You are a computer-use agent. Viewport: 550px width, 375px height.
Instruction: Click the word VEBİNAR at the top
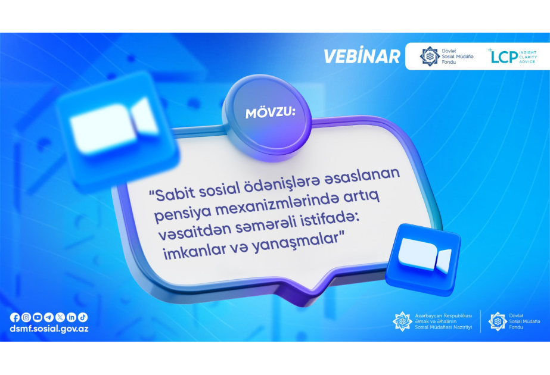coord(362,56)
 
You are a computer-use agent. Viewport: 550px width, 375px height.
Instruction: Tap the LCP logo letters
coord(504,57)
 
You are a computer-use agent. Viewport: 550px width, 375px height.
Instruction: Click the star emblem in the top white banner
coord(430,56)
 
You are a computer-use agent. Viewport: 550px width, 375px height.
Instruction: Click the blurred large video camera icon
coord(114,122)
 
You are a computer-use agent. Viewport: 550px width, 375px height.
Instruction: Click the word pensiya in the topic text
coord(178,213)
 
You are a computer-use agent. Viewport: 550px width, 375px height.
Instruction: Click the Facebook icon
coord(14,317)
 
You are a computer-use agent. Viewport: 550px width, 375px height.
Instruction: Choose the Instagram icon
coord(26,317)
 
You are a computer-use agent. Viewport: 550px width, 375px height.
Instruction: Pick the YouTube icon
coord(37,317)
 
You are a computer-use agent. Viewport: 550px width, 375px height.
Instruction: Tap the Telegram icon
coord(49,317)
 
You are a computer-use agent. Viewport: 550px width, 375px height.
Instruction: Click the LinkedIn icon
coord(72,317)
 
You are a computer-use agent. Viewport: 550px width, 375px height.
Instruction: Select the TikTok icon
coord(83,317)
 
